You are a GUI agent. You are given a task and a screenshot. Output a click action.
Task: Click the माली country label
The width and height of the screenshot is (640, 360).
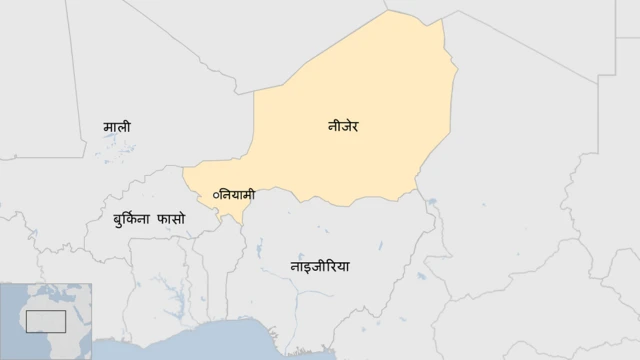pos(117,127)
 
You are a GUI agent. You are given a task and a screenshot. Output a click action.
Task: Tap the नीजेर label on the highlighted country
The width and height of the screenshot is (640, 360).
pos(343,126)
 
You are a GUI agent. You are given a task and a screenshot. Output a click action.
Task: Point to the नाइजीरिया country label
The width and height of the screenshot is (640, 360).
pos(320,267)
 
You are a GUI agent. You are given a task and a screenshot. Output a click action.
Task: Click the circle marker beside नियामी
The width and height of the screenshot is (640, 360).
pos(213,192)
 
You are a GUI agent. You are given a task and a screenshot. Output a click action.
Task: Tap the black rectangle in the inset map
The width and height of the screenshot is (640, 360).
pos(45,321)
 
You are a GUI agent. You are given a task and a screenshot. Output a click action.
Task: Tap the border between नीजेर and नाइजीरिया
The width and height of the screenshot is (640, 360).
pos(330,202)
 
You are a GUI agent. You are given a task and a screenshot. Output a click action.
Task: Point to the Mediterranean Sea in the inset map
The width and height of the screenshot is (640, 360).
pos(50,292)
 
